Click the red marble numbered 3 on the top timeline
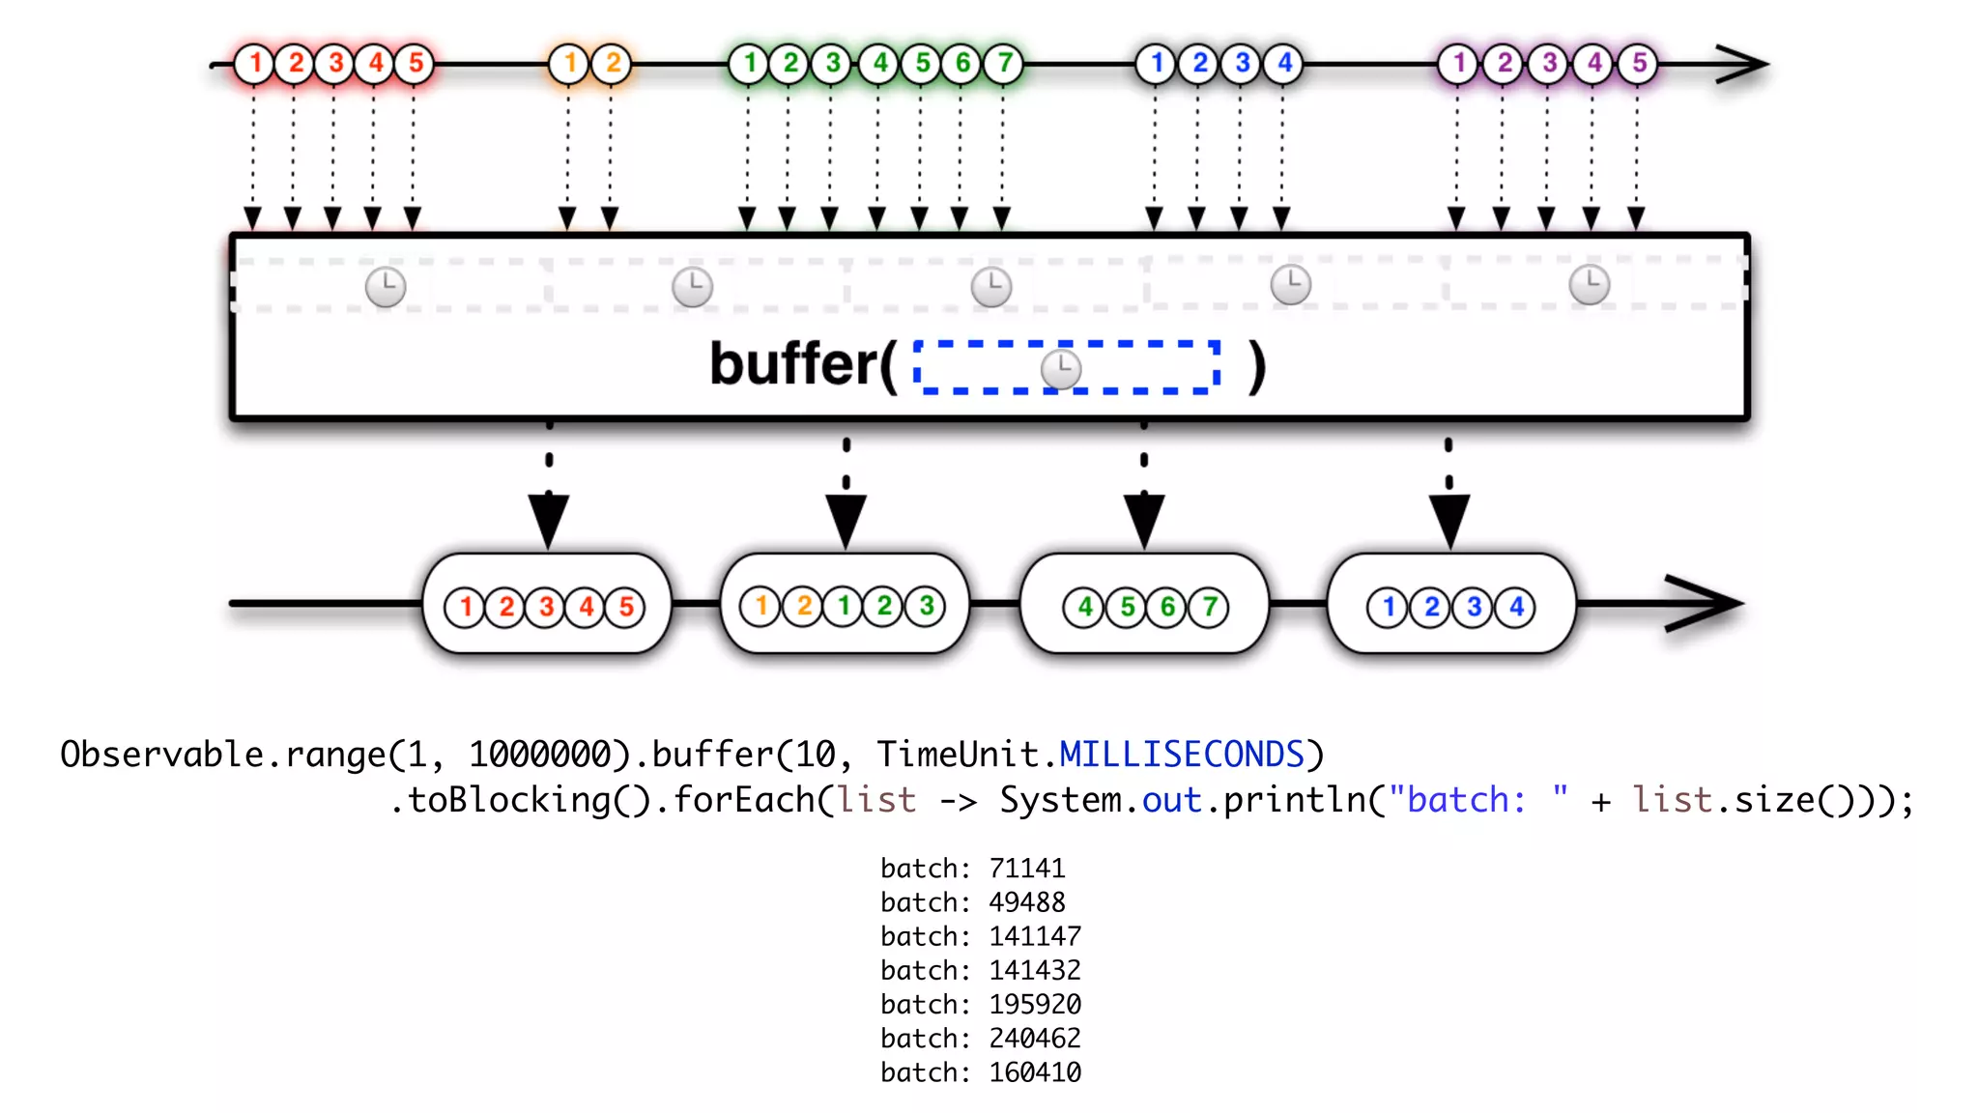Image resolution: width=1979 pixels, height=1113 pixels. click(335, 64)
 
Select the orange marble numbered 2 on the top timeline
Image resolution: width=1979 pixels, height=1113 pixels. click(613, 64)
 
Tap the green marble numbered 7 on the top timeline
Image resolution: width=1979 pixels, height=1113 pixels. click(1004, 64)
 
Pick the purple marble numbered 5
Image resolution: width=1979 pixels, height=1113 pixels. click(1639, 64)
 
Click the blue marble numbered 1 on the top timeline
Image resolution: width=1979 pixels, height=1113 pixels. click(1156, 64)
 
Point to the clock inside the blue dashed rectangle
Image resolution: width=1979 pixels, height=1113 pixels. click(1061, 368)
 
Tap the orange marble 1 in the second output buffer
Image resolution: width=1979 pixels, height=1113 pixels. click(760, 607)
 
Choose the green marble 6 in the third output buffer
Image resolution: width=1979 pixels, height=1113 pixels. click(1167, 608)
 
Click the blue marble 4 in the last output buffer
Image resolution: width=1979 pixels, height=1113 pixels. click(1516, 608)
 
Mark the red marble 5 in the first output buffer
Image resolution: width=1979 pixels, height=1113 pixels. click(626, 608)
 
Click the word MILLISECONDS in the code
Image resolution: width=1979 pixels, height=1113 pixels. click(1182, 755)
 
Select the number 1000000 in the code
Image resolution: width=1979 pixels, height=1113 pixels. click(540, 755)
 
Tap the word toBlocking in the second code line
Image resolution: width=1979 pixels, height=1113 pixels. click(508, 800)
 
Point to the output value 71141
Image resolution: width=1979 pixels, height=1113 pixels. click(1026, 869)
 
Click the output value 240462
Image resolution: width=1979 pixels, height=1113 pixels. click(1034, 1039)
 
